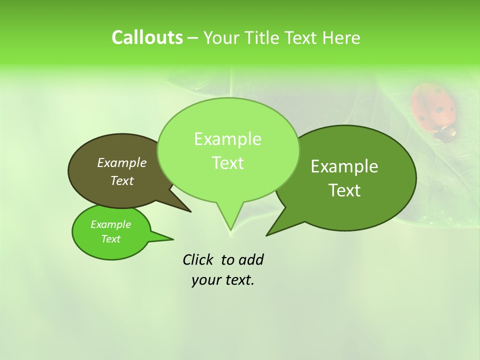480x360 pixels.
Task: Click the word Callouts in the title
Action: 147,38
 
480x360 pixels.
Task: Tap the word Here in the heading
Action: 341,38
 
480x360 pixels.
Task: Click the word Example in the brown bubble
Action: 122,163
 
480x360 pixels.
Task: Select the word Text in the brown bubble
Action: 122,181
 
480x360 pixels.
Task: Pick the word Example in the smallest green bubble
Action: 110,224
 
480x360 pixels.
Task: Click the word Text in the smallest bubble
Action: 110,239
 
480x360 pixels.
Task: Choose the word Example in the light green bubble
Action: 227,139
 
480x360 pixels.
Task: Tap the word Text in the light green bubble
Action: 227,163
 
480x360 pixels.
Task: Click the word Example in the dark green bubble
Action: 344,166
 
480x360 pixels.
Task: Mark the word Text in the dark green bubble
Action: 344,190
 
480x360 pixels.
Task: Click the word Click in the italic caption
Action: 198,259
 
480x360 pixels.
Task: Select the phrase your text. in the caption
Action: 223,280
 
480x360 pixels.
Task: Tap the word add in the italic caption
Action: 251,259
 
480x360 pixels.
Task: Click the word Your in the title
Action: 220,38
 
